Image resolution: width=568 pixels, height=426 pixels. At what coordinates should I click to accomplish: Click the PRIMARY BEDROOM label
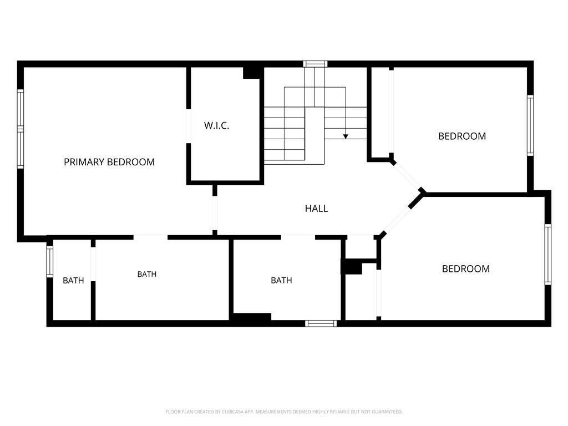[x=109, y=162]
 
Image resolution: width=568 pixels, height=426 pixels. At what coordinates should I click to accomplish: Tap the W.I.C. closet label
[x=216, y=126]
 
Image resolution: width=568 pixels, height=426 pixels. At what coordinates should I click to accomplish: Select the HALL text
[x=316, y=209]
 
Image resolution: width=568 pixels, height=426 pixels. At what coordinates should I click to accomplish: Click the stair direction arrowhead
[x=346, y=136]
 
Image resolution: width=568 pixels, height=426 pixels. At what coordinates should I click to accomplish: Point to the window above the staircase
[x=315, y=64]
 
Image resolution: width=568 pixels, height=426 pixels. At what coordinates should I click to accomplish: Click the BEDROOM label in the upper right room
[x=462, y=136]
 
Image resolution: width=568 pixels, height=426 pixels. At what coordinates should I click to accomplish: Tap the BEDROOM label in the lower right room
[x=466, y=269]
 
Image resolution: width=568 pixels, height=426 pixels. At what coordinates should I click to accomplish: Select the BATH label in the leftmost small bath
[x=73, y=280]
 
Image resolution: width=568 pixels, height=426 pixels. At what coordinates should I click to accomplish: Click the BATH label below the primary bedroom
[x=146, y=274]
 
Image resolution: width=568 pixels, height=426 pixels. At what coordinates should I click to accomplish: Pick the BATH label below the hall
[x=281, y=280]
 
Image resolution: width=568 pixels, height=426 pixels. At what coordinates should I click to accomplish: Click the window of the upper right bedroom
[x=530, y=125]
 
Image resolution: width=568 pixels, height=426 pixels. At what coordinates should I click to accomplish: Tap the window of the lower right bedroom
[x=547, y=254]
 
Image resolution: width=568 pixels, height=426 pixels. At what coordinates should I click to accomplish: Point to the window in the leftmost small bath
[x=49, y=262]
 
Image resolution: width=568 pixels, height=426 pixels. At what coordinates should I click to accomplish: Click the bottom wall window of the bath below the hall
[x=321, y=323]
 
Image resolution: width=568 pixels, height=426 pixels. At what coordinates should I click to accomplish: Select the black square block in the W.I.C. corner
[x=251, y=73]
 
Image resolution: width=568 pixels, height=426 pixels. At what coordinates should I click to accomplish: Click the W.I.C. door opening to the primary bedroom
[x=189, y=126]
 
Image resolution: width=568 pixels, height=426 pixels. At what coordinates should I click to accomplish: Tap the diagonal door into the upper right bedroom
[x=406, y=176]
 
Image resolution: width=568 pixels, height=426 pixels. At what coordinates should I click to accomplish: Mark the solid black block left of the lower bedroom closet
[x=351, y=267]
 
